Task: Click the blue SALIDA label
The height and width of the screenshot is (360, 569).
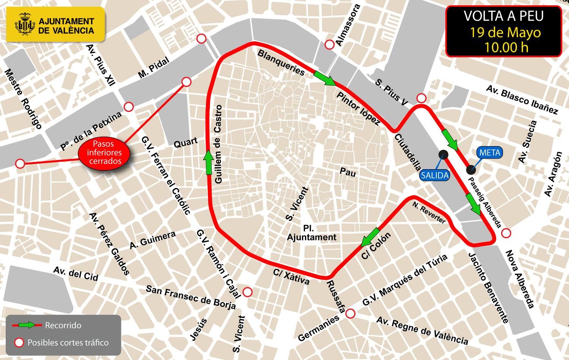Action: [434, 176]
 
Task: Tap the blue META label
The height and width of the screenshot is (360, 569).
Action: [490, 153]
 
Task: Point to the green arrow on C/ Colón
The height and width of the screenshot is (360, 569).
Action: [370, 237]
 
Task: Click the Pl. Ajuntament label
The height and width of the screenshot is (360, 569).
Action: [312, 233]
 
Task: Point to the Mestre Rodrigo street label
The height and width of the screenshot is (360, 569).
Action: [23, 99]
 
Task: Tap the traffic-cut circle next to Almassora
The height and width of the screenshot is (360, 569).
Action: [329, 44]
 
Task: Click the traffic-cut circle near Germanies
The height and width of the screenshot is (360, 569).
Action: [351, 314]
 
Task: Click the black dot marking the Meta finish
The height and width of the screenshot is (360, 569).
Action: [470, 169]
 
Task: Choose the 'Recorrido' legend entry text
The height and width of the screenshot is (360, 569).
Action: [63, 325]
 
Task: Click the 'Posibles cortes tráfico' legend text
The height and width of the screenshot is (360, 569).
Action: [68, 343]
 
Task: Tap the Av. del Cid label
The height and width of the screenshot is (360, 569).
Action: [76, 274]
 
